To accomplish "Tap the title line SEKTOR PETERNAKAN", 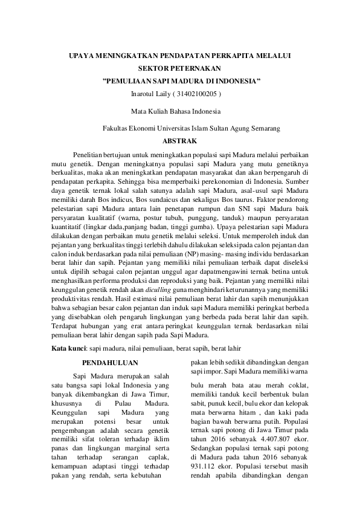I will pyautogui.click(x=179, y=68).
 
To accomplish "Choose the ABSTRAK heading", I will pyautogui.click(x=180, y=141).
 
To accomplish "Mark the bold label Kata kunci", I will pyautogui.click(x=68, y=349).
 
